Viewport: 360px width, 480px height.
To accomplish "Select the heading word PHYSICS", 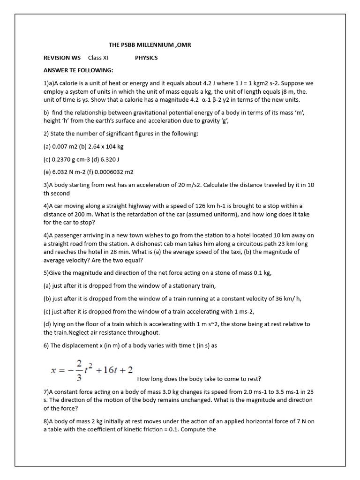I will pos(146,58).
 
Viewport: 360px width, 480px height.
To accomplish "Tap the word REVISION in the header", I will pos(56,58).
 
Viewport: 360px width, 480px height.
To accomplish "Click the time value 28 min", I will pos(126,252).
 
